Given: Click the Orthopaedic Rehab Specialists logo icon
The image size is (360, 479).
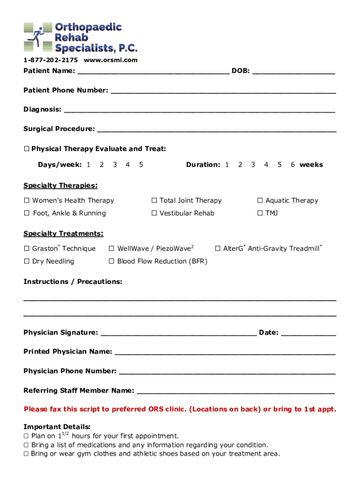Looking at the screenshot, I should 38,37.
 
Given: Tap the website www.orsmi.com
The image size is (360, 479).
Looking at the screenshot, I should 111,60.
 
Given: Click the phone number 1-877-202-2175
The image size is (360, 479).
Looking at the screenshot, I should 50,60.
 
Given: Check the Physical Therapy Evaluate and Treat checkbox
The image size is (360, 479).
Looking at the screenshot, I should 27,149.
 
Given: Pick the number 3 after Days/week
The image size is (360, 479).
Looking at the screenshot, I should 115,165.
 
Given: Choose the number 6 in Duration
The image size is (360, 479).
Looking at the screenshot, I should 292,165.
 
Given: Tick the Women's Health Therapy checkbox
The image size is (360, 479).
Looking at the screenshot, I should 27,201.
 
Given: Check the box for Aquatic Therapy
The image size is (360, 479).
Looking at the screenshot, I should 260,201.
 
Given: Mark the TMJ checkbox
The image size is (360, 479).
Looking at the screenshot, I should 260,213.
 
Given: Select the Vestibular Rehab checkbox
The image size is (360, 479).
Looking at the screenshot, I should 154,213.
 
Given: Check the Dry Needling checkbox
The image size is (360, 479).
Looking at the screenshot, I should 27,261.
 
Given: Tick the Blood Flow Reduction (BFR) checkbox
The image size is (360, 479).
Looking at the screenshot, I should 111,261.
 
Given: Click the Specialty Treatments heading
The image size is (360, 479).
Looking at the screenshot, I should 63,233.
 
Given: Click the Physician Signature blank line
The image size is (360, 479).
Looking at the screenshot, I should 178,334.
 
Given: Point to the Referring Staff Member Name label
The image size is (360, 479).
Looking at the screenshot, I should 79,391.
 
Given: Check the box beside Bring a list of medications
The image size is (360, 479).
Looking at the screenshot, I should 26,445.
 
